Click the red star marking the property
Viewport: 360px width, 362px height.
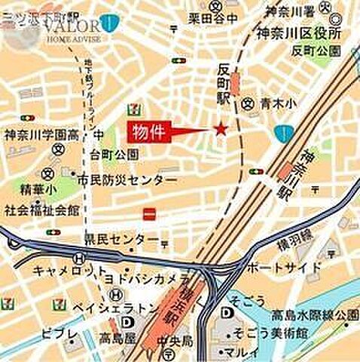(220, 129)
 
